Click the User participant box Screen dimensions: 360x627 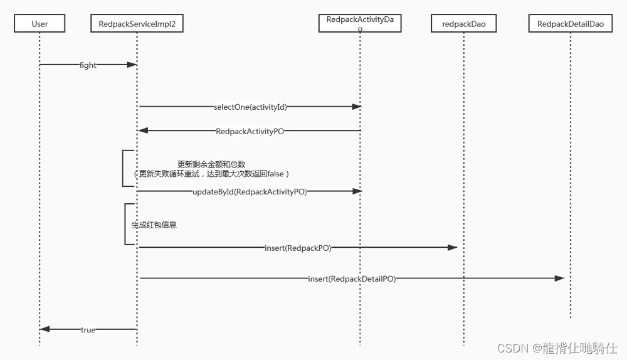click(x=40, y=24)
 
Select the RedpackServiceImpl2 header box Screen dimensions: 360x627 click(x=137, y=24)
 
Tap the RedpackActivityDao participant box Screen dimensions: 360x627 click(x=360, y=23)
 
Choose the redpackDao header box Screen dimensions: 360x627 click(x=464, y=24)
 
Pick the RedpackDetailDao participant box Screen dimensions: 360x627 click(x=571, y=24)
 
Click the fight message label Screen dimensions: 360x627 click(x=88, y=65)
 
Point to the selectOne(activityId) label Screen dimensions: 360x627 click(x=250, y=107)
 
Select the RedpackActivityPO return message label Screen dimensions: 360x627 click(x=250, y=131)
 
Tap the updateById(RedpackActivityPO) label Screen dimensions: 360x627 click(x=250, y=191)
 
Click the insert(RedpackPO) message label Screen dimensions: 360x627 click(x=298, y=248)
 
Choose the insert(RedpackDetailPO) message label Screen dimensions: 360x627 click(x=352, y=278)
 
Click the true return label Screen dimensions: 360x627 click(x=88, y=329)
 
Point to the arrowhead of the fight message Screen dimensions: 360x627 click(x=133, y=65)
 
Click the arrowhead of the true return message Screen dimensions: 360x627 click(x=44, y=329)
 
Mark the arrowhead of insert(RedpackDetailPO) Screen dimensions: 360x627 click(x=560, y=278)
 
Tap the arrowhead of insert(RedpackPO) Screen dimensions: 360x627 click(x=453, y=247)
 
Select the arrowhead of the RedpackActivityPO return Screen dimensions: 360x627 click(x=142, y=130)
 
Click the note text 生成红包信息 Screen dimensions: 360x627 click(x=154, y=224)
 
